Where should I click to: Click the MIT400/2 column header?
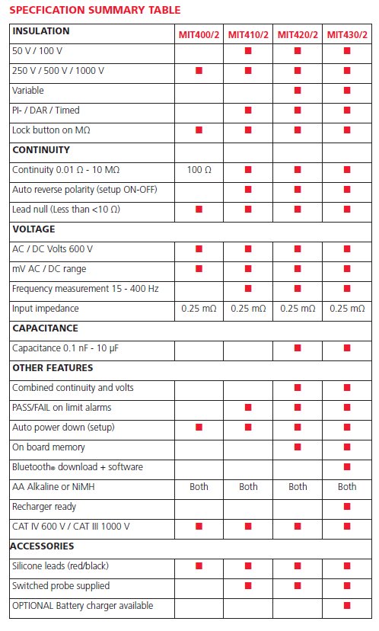pos(199,34)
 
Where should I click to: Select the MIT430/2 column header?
pos(347,34)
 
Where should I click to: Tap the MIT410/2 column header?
pos(248,34)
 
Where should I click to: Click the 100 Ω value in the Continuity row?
pos(199,169)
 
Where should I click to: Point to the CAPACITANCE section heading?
pos(46,328)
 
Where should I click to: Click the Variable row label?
pos(27,90)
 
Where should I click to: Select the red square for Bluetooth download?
pos(347,467)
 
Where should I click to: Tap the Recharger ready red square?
pos(347,506)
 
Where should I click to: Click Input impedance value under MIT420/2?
pos(298,308)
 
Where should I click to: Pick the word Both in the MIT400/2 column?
pos(199,486)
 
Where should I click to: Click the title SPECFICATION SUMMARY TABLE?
pos(95,10)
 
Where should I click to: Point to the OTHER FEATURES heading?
pos(53,367)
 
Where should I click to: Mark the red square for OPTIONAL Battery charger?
pos(347,605)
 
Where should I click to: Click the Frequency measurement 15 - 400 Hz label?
pos(85,289)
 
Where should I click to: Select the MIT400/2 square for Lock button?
pos(199,130)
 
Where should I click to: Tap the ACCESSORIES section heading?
pos(42,546)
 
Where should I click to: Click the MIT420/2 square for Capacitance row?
pos(298,348)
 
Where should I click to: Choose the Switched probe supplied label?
pos(61,585)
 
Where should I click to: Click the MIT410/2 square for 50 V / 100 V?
pos(248,51)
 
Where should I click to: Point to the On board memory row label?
pos(49,447)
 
